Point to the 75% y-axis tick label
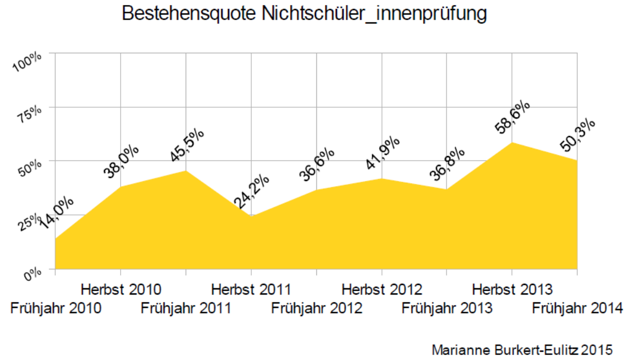[x=32, y=114]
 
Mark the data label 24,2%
[x=251, y=192]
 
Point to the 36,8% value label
[x=448, y=165]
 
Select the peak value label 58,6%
[x=513, y=118]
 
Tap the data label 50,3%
[x=578, y=136]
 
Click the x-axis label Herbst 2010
[x=121, y=289]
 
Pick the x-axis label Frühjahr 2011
[x=186, y=308]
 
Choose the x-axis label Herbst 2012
[x=382, y=289]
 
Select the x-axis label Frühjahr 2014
[x=577, y=308]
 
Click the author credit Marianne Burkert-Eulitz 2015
[x=521, y=350]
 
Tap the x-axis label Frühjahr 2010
[x=56, y=308]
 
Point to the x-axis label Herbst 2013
[x=512, y=289]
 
